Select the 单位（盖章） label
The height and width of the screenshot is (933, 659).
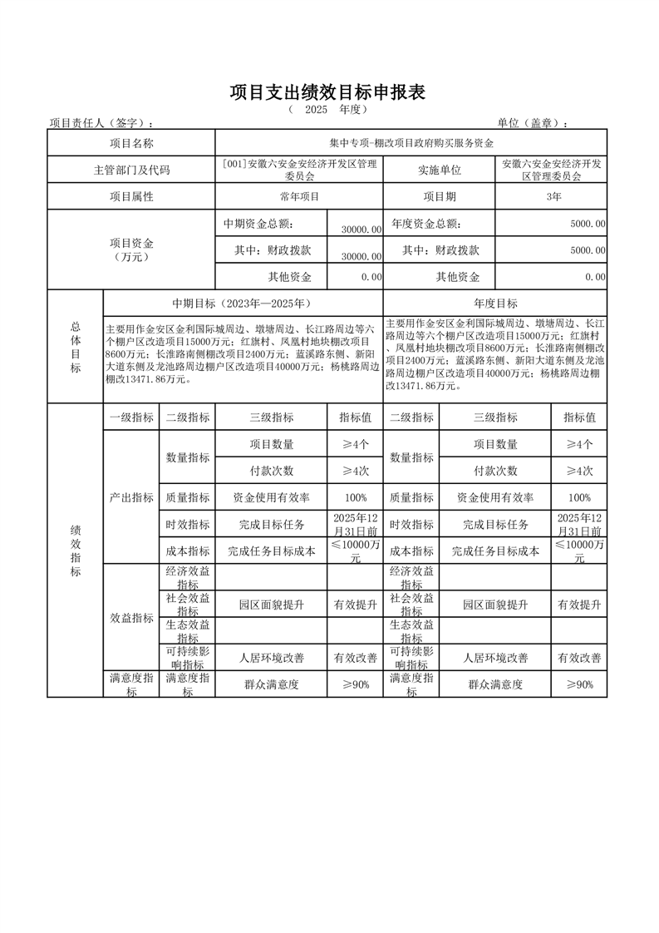[x=533, y=123]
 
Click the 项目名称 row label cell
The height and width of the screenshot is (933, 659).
[x=131, y=144]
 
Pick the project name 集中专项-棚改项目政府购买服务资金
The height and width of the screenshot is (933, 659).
[x=411, y=144]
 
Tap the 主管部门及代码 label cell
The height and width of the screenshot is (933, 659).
[x=131, y=170]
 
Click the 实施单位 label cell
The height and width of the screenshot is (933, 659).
[x=439, y=170]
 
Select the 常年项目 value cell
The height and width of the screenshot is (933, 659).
[x=299, y=197]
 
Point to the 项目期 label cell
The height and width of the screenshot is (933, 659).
[x=439, y=197]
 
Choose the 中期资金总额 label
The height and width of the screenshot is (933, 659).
[x=258, y=224]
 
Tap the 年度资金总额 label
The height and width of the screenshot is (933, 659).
[x=426, y=224]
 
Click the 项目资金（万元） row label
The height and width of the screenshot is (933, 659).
[x=131, y=249]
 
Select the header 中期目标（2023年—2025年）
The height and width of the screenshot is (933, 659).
[x=242, y=304]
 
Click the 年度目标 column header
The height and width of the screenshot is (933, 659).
[x=495, y=304]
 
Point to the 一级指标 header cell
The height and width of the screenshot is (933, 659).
[x=131, y=417]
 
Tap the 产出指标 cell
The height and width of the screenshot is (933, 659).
[x=131, y=497]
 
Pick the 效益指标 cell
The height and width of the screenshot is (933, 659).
[x=131, y=618]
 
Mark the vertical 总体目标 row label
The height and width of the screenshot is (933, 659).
[x=75, y=348]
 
